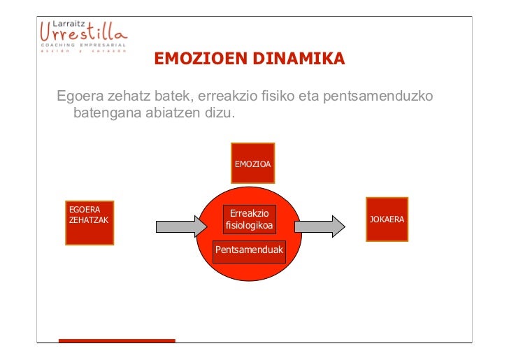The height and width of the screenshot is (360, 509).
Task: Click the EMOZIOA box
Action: point(252,163)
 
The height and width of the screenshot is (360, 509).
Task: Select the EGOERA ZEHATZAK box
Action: point(89,222)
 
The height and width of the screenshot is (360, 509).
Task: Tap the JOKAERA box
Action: point(387,219)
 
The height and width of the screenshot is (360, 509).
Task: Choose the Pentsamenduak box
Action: point(250,250)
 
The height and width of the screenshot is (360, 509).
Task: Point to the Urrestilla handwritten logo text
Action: point(83,32)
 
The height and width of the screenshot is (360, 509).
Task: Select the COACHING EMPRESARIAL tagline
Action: point(82,45)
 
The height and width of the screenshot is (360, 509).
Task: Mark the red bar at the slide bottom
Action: point(117,340)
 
